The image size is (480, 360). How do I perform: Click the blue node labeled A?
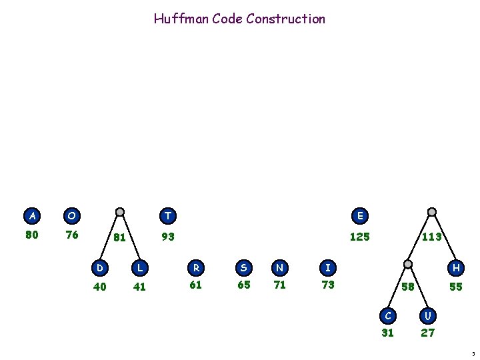tap(31, 215)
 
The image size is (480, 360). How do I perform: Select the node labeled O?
tap(71, 215)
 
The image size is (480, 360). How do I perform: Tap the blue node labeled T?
tap(168, 215)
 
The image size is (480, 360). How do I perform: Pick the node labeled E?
tap(360, 215)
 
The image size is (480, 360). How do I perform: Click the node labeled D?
tap(100, 267)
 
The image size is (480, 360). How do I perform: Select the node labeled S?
tap(243, 267)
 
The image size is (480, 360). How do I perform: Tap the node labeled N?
tap(279, 267)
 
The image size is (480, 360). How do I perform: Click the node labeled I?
tap(328, 267)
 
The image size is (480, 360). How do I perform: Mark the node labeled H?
tap(456, 267)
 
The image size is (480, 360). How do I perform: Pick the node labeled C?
tap(387, 314)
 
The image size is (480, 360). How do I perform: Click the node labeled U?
tap(427, 314)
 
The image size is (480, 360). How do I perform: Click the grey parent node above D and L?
tap(120, 213)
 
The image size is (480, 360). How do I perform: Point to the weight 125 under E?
tap(360, 236)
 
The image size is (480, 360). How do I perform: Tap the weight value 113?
tap(432, 236)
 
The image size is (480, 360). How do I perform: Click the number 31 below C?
tap(387, 333)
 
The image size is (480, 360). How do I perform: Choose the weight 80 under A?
tap(31, 235)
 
